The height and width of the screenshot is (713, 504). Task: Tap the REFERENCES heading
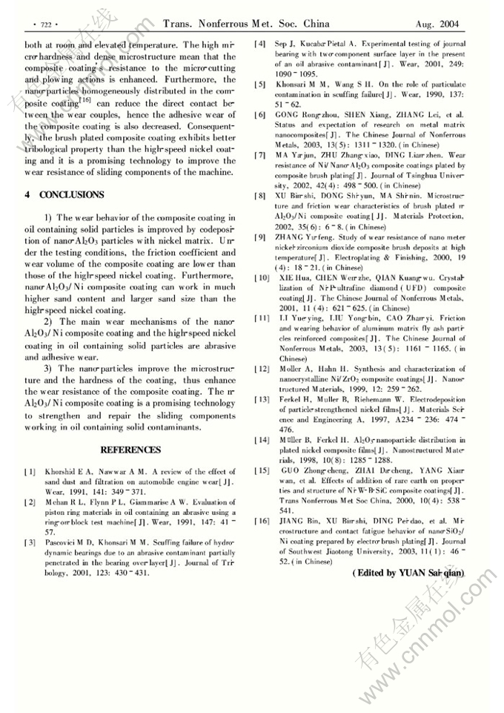click(130, 450)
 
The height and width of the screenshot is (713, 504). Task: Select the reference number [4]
click(260, 45)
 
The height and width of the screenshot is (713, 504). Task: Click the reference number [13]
click(262, 399)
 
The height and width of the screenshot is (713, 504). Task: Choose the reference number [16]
click(262, 522)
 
